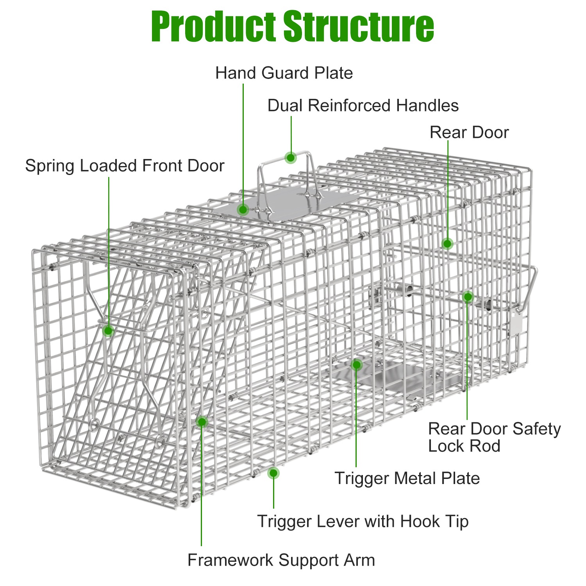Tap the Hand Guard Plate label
pos(284,73)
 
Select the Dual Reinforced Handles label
pos(363,105)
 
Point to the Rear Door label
pos(469,132)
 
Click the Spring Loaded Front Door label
pos(125,166)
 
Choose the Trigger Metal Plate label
pos(407,478)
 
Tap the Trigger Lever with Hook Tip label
pos(363,521)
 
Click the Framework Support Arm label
pos(281,560)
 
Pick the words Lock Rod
pos(464,446)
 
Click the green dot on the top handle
pos(291,158)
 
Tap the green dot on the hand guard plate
pos(243,210)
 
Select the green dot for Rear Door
pos(447,244)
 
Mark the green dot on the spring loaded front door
pos(108,331)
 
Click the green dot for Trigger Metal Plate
pos(356,365)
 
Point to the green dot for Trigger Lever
pos(273,473)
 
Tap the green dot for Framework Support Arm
pos(202,422)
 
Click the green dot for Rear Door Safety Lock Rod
pos(468,297)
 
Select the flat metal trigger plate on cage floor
pos(402,377)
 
